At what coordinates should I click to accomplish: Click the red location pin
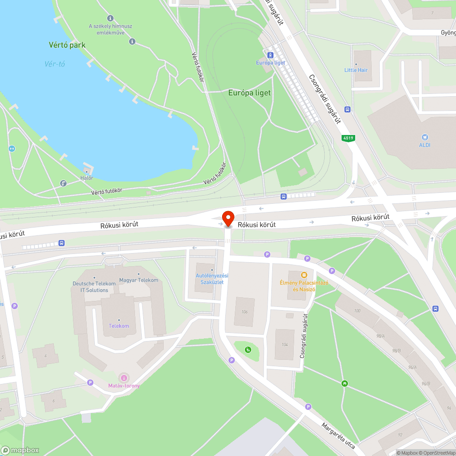228,218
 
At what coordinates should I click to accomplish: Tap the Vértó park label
67,45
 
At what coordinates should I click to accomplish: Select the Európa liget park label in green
249,93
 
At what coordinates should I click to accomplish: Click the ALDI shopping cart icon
425,137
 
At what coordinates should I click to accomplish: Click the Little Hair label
356,70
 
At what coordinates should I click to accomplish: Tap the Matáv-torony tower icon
124,378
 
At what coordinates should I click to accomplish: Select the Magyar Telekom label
138,280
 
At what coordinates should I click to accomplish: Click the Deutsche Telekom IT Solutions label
94,286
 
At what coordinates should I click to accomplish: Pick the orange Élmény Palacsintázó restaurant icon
304,275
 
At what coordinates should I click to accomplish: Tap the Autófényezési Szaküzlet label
212,279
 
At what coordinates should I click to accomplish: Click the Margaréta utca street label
338,435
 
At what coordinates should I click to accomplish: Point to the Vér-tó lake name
55,64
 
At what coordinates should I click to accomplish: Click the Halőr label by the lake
87,177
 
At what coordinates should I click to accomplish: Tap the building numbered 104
285,344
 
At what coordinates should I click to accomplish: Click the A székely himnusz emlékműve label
110,29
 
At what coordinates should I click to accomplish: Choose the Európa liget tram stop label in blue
270,62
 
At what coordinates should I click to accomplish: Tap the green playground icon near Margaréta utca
345,383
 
